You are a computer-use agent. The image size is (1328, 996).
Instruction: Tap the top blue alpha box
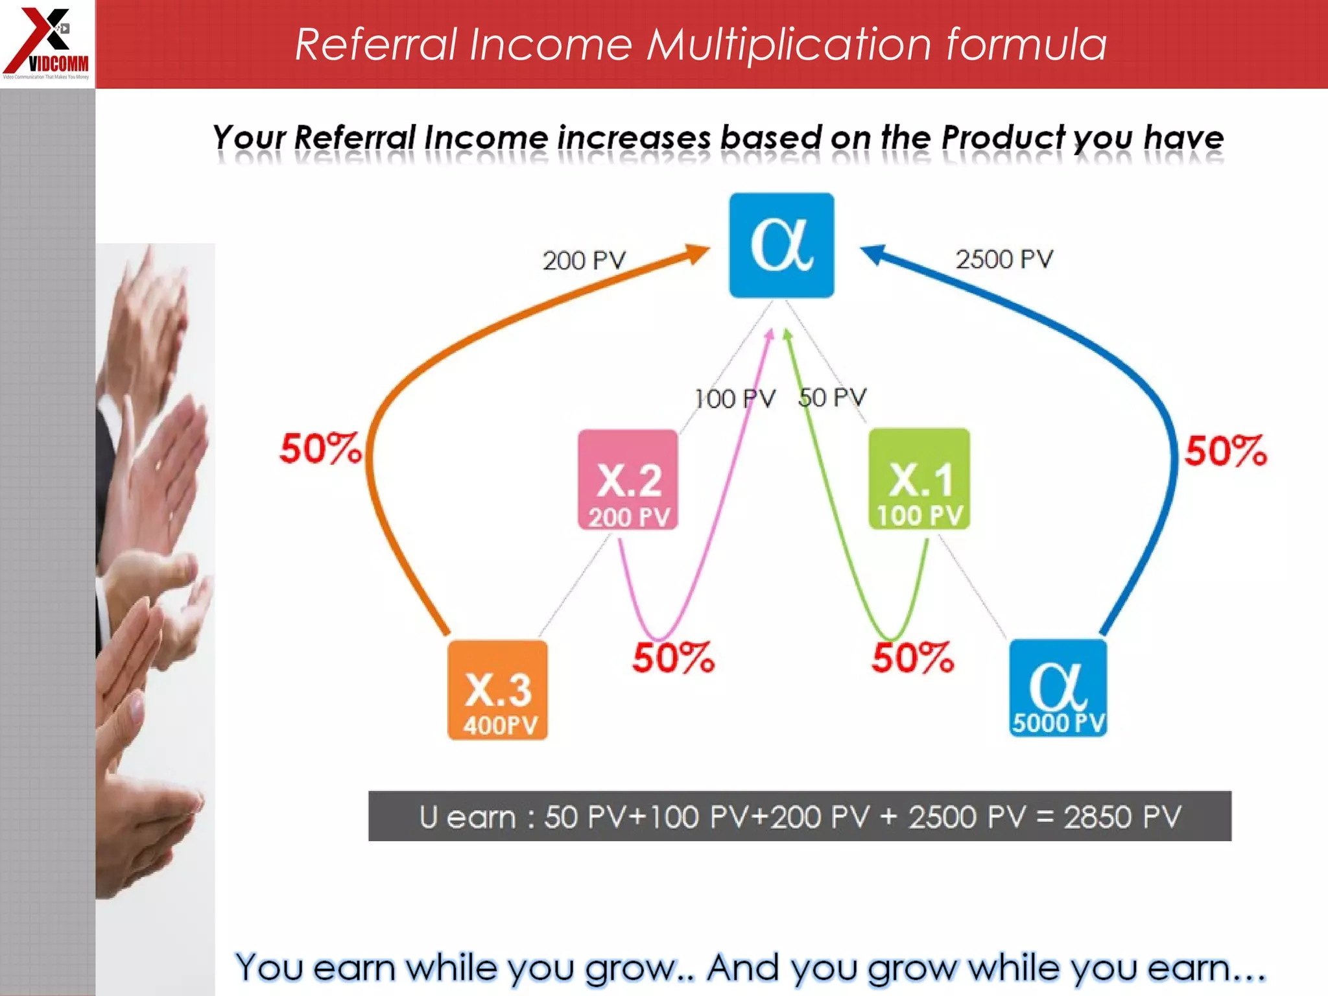[x=781, y=245]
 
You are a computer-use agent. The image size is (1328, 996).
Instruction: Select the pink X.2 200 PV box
[x=628, y=480]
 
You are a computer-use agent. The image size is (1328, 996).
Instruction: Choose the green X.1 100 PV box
[x=919, y=479]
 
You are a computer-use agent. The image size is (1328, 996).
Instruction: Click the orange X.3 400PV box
[x=498, y=690]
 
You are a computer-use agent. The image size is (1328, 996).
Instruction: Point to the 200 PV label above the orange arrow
[x=584, y=261]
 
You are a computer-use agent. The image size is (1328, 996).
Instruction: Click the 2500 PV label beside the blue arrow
[x=1004, y=259]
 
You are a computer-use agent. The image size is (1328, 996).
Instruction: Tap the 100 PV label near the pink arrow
[x=735, y=399]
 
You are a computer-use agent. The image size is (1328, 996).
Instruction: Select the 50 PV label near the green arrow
[x=833, y=397]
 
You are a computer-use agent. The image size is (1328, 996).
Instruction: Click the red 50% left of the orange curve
[x=320, y=448]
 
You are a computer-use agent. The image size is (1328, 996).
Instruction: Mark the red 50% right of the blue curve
[x=1225, y=451]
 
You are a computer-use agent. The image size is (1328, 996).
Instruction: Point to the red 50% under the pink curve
[x=673, y=658]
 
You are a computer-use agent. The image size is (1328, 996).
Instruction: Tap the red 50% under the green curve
[x=912, y=658]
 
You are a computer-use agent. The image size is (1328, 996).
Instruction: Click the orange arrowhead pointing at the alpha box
[x=698, y=254]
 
